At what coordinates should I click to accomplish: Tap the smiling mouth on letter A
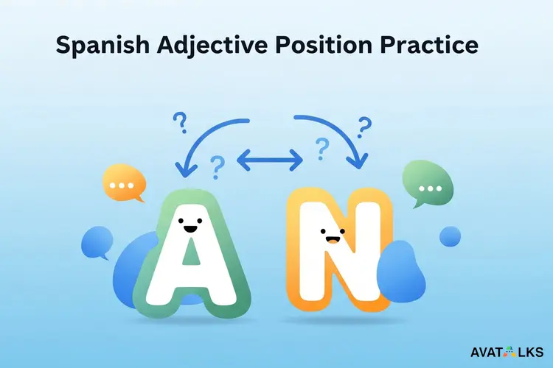pyautogui.click(x=190, y=230)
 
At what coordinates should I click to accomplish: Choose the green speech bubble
pyautogui.click(x=426, y=185)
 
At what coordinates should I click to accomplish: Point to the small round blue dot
pyautogui.click(x=450, y=237)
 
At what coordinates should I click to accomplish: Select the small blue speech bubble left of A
pyautogui.click(x=97, y=241)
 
